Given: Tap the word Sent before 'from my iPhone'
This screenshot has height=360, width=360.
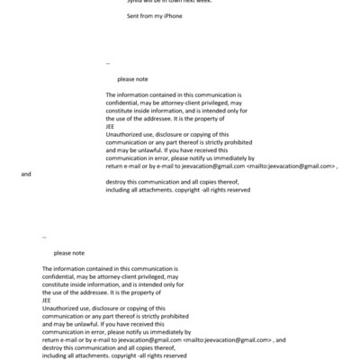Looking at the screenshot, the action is pyautogui.click(x=137, y=17).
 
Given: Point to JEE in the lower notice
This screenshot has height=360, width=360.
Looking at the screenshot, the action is pyautogui.click(x=48, y=301).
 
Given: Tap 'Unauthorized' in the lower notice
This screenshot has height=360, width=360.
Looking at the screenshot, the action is pyautogui.click(x=64, y=308).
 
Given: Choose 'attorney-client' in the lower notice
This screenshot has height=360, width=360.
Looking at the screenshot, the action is pyautogui.click(x=119, y=276).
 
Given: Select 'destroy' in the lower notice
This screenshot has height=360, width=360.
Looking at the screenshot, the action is pyautogui.click(x=54, y=347).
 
